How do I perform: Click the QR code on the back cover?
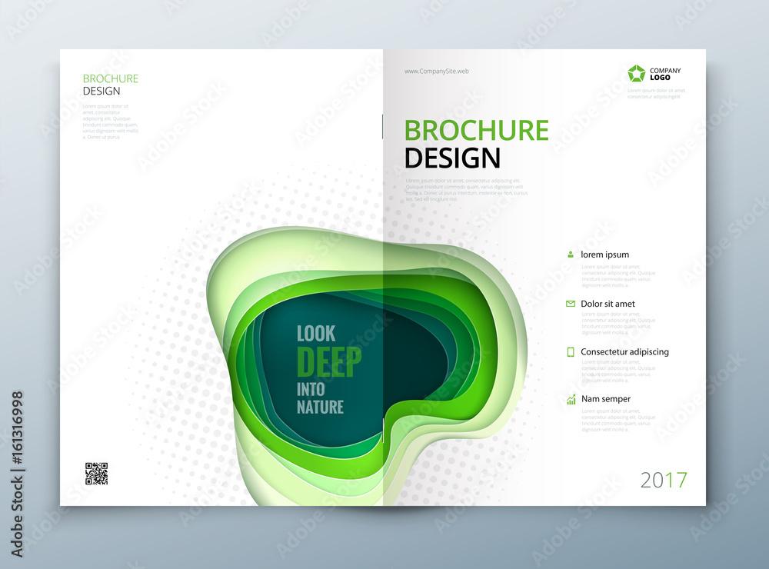pos(96,474)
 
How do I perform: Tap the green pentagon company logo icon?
pos(636,74)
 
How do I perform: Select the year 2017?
pos(664,481)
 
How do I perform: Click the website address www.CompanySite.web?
pos(437,71)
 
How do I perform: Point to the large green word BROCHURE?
pos(477,130)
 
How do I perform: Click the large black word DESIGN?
pos(452,158)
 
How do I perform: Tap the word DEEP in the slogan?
pos(328,362)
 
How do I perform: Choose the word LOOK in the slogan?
pos(316,334)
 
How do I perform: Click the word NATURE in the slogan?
pos(320,407)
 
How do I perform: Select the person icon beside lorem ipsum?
pos(571,254)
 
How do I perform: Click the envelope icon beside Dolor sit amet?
pos(571,304)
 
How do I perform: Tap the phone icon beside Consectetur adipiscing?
pos(571,351)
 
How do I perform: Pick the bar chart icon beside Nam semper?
pos(571,399)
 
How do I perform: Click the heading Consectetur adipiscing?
pos(624,351)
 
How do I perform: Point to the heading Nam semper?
pos(606,399)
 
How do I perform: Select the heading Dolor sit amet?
pos(608,304)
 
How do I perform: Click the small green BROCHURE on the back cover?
pos(110,78)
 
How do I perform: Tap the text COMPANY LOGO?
pos(665,75)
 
